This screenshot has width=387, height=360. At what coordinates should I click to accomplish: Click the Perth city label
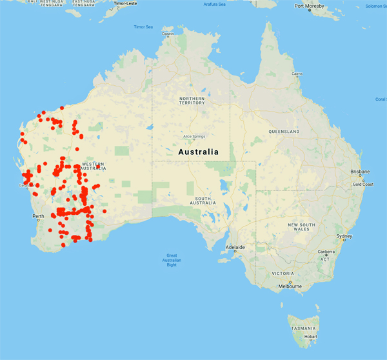[38, 216]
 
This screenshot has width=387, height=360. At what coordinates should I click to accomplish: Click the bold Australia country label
[198, 152]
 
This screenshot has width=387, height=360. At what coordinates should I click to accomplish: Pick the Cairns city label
[297, 74]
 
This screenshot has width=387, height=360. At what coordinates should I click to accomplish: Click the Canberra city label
[328, 251]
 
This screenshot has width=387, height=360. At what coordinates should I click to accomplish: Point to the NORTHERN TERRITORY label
[192, 100]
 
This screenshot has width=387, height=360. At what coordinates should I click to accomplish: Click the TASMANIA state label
[303, 328]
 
